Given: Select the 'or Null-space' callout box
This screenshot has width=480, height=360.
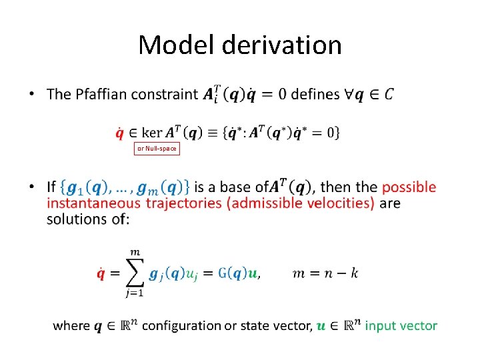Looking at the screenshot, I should coord(157,149).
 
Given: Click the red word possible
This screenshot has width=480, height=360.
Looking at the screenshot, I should coord(409,187).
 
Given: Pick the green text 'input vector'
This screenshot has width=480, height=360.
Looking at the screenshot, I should coord(401,325).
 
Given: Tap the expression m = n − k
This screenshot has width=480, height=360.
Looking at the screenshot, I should coord(325,273).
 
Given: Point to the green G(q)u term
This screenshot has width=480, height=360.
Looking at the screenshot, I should coord(239,273).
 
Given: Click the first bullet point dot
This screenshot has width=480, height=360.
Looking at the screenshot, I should coord(31,94).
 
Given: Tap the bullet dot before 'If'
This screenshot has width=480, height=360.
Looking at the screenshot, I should coord(31,187).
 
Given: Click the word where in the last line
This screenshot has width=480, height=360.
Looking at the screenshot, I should coord(71,325).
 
